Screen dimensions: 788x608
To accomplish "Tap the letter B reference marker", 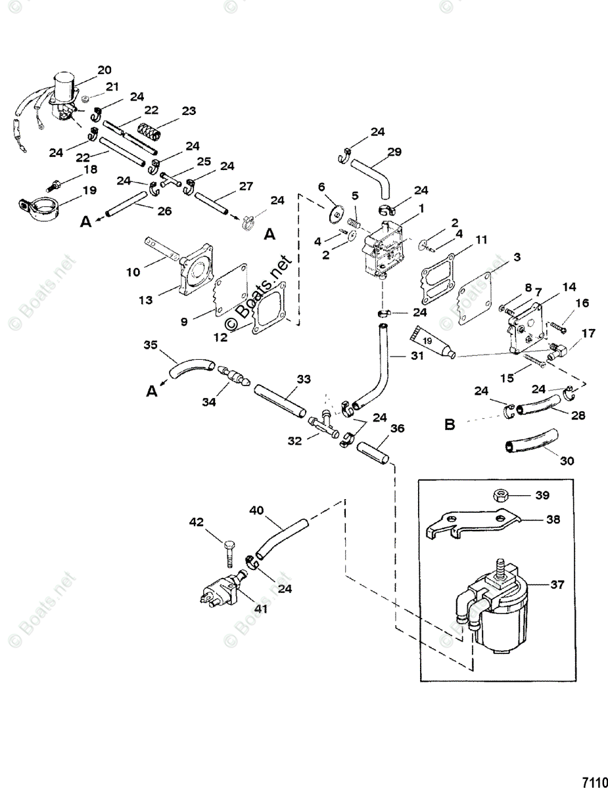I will [x=450, y=425].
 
